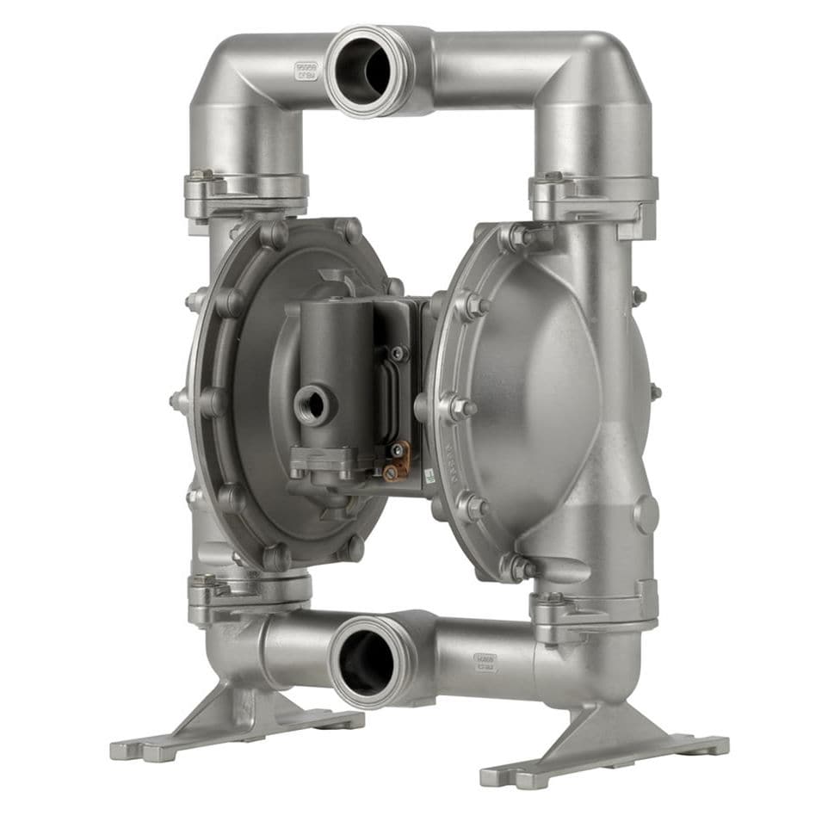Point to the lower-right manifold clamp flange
(594, 607)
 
